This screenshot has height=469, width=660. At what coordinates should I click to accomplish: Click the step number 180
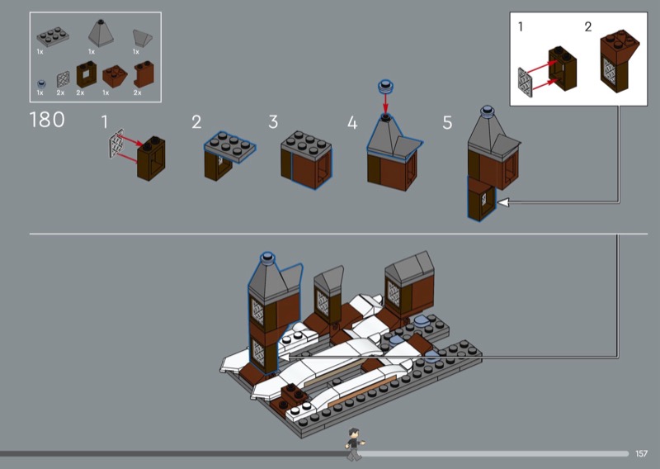(x=47, y=120)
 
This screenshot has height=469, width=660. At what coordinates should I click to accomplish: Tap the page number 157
(x=642, y=453)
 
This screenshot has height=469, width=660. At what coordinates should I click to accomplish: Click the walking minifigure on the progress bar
(x=354, y=444)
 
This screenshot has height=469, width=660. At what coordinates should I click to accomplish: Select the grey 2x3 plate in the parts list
(x=53, y=36)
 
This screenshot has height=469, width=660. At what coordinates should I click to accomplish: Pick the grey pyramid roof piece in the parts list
(x=101, y=33)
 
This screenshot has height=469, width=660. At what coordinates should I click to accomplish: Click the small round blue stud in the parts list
(x=40, y=83)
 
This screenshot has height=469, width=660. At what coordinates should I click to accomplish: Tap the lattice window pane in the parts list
(x=64, y=79)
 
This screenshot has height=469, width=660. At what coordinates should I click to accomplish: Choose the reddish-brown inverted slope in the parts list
(x=115, y=76)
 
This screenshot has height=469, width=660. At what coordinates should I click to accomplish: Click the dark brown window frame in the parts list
(x=87, y=74)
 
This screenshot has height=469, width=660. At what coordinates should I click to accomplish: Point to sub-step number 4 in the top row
(x=352, y=123)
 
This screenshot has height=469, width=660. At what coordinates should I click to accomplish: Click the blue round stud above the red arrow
(x=385, y=87)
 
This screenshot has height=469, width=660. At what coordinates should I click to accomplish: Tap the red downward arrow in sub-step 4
(x=385, y=103)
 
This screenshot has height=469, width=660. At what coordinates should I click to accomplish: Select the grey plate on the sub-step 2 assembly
(x=230, y=146)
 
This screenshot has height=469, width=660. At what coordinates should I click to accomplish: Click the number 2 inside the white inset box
(x=588, y=27)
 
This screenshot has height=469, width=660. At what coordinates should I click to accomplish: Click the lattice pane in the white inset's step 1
(x=525, y=83)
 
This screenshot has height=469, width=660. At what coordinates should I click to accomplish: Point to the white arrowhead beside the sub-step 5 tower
(x=503, y=202)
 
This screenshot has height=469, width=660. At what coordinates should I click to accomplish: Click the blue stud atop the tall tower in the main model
(x=267, y=258)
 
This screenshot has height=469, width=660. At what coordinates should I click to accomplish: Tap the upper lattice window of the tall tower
(x=257, y=312)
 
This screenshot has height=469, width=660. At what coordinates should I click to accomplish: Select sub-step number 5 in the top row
(x=447, y=123)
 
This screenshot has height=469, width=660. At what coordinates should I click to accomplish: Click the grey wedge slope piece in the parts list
(x=142, y=37)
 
